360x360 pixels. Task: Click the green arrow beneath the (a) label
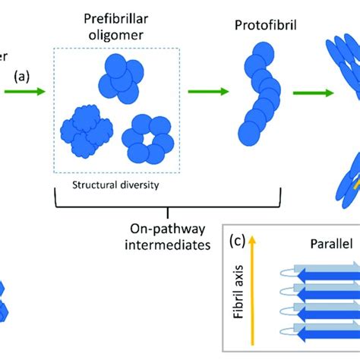point(23,93)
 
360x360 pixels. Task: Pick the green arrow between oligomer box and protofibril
point(207,93)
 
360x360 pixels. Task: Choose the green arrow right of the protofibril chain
point(316,93)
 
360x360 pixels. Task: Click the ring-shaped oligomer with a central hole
point(148,138)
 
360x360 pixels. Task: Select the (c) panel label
point(238,241)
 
